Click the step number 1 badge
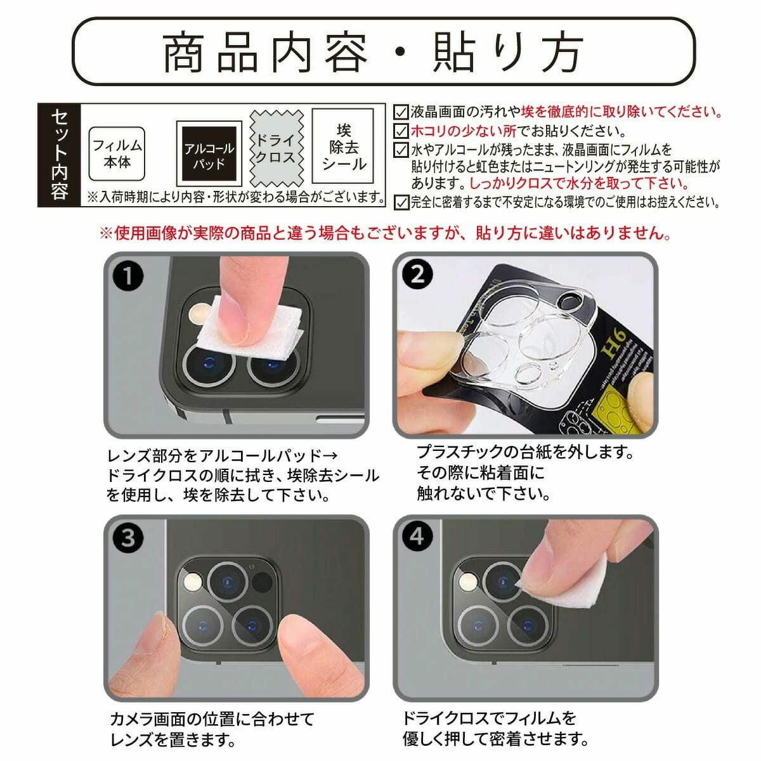(x=128, y=275)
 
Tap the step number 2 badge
(x=417, y=275)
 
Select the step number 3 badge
(x=128, y=538)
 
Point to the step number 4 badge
(x=417, y=537)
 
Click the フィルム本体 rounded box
(x=117, y=153)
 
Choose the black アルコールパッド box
(x=209, y=153)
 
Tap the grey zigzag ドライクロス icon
(x=276, y=149)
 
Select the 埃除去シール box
(x=343, y=146)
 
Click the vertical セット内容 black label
(x=59, y=155)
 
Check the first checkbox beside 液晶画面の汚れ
(x=401, y=112)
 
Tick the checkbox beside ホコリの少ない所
(x=401, y=131)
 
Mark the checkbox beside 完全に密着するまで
(x=401, y=202)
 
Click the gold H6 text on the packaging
(x=613, y=343)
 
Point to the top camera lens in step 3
(x=228, y=582)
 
